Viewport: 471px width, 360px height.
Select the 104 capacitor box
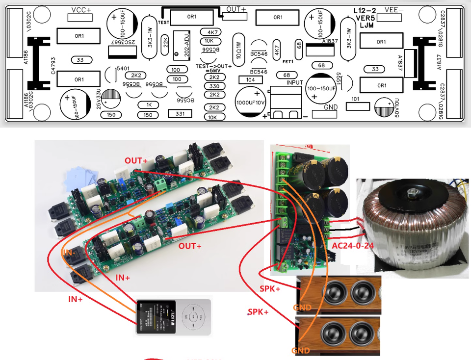coord(250,79)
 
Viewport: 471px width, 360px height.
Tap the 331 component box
coord(179,113)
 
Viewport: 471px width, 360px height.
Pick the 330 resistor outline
coord(214,86)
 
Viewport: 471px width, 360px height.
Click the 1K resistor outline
coord(148,105)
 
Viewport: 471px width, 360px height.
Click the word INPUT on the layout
coord(295,83)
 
